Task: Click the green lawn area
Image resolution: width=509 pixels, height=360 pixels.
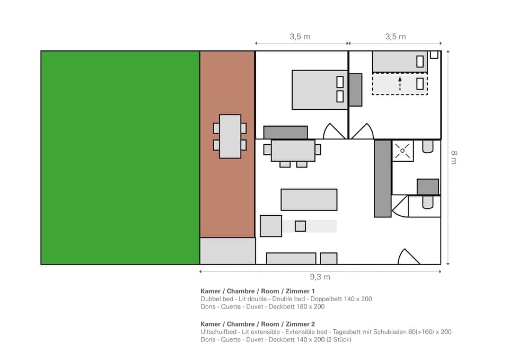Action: click(x=120, y=157)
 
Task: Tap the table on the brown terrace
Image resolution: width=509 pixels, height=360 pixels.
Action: click(x=230, y=136)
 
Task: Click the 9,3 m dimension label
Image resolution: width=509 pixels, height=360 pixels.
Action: click(x=320, y=277)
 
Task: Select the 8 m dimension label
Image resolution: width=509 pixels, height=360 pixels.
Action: click(x=453, y=157)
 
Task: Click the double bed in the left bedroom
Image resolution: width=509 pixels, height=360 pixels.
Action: click(x=319, y=90)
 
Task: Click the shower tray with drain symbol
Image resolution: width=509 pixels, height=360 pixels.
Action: click(x=402, y=151)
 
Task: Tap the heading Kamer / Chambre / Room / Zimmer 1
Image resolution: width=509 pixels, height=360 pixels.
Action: click(x=258, y=291)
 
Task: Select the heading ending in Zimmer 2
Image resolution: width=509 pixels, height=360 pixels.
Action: click(x=258, y=324)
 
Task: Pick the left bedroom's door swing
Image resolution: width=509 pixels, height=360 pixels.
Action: click(x=334, y=132)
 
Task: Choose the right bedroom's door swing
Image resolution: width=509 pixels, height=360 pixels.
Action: click(x=362, y=132)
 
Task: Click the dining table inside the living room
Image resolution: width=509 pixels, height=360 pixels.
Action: click(x=293, y=151)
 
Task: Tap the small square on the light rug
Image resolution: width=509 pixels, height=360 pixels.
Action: click(x=300, y=226)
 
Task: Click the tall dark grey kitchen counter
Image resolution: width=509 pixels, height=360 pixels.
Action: click(x=382, y=178)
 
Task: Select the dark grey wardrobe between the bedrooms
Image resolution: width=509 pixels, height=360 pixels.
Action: click(x=355, y=90)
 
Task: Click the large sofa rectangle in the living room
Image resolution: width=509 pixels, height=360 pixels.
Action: click(x=309, y=199)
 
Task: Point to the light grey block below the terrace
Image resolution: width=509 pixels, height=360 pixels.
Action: click(x=227, y=251)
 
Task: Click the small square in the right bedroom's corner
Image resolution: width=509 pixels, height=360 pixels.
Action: click(x=434, y=54)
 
